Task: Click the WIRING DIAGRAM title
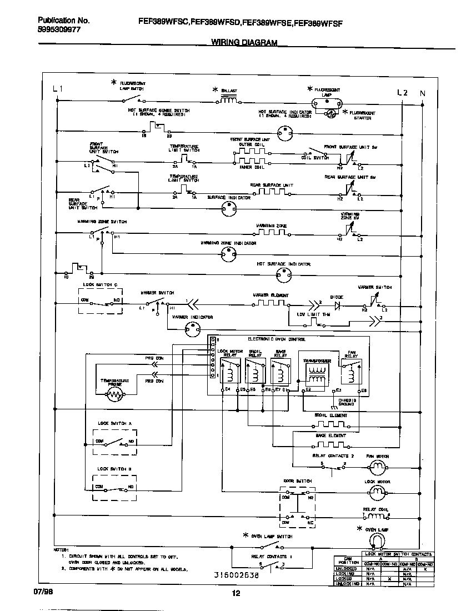click(244, 42)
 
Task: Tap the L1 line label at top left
click(58, 89)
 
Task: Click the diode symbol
click(336, 304)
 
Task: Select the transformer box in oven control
click(317, 374)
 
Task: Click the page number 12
click(235, 593)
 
